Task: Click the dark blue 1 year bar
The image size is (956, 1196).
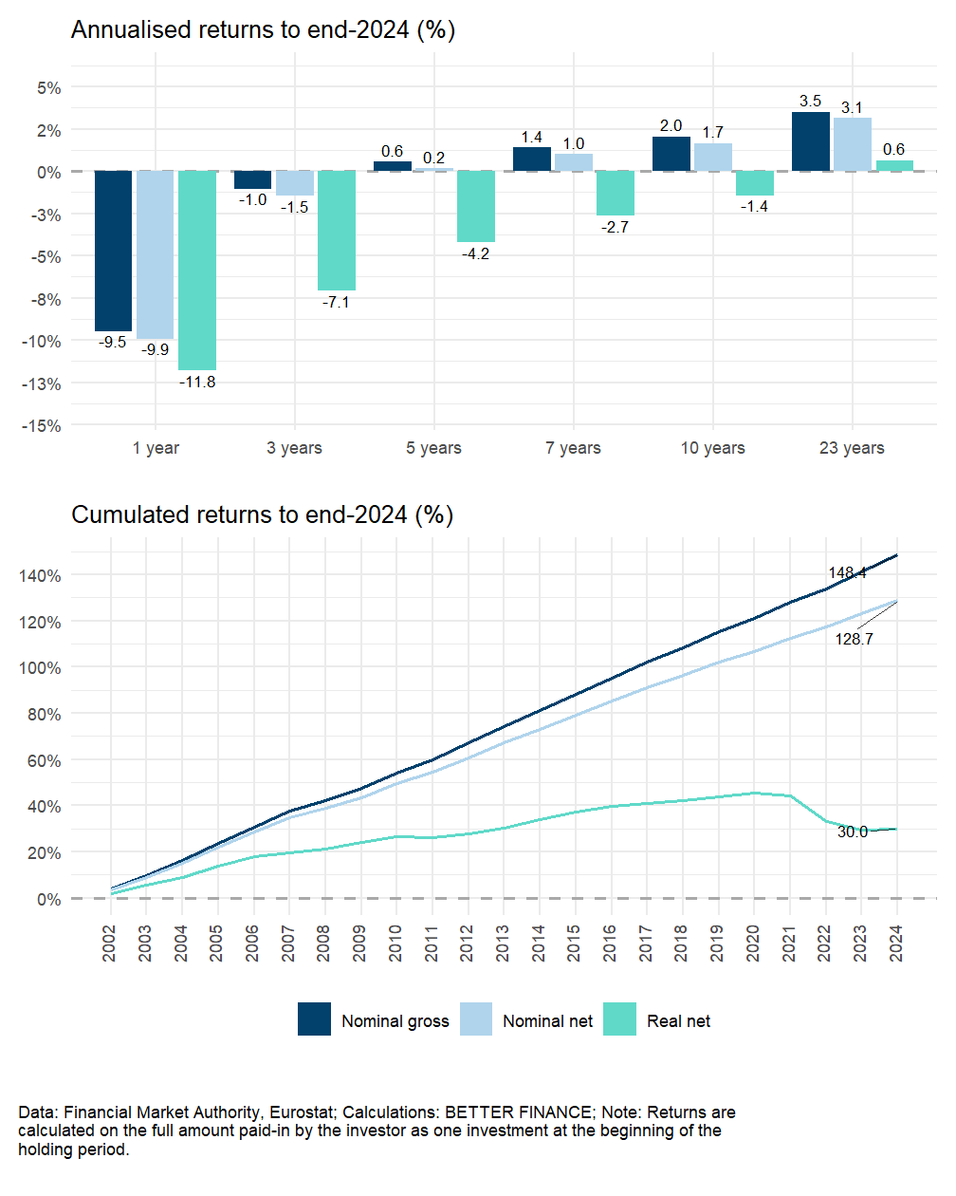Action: (x=113, y=251)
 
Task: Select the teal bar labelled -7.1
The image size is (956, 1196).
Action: (x=337, y=231)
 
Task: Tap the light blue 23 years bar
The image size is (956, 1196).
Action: (x=852, y=144)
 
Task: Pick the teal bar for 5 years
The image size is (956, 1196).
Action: (x=475, y=206)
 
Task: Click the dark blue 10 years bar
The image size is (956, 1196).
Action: (x=671, y=154)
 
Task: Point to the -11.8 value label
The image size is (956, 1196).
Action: (x=197, y=382)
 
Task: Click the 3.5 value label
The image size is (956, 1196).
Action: (x=811, y=101)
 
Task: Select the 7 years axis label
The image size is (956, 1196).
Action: (x=573, y=448)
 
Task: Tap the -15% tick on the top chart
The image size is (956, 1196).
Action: (x=42, y=426)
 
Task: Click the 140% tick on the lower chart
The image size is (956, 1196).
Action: (x=39, y=576)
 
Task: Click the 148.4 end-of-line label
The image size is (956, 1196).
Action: (x=847, y=572)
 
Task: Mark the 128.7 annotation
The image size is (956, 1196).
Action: (x=854, y=639)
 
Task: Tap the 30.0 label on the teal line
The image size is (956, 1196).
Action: (x=852, y=832)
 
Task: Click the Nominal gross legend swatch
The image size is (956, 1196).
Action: (x=314, y=1019)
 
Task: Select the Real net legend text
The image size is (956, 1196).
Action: (x=678, y=1021)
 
